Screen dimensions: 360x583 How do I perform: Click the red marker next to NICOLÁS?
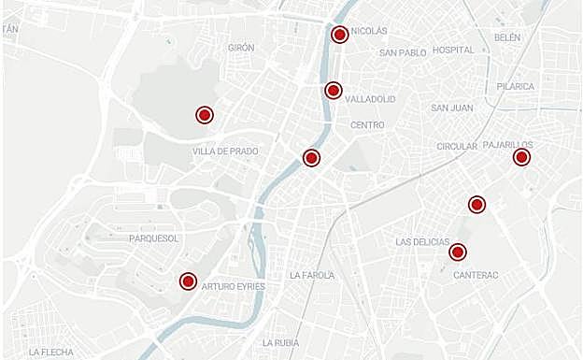(x=339, y=35)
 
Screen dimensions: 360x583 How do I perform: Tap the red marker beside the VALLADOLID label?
(x=333, y=90)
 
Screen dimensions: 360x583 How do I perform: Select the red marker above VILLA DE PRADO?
(x=205, y=115)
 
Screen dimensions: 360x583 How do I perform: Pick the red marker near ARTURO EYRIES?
(x=188, y=281)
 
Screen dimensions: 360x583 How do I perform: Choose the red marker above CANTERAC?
(x=458, y=252)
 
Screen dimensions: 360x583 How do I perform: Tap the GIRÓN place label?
(x=241, y=48)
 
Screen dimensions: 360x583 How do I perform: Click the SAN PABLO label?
(x=403, y=53)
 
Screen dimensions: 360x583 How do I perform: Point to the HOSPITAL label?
(x=454, y=50)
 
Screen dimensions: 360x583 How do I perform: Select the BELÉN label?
(x=507, y=37)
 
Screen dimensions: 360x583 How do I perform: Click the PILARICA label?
(x=516, y=87)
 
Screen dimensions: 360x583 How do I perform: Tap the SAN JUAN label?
(x=452, y=108)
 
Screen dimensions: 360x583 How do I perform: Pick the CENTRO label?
(x=367, y=125)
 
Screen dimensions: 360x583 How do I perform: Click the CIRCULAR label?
(x=457, y=147)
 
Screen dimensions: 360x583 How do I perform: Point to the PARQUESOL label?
(x=154, y=238)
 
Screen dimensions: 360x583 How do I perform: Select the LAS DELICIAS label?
(x=422, y=241)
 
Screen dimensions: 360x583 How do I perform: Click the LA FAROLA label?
(x=312, y=276)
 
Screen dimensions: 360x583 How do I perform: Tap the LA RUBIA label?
(x=280, y=342)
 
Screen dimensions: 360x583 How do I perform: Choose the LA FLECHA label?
(x=51, y=353)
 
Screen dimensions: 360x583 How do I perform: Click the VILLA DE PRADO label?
(x=225, y=151)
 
